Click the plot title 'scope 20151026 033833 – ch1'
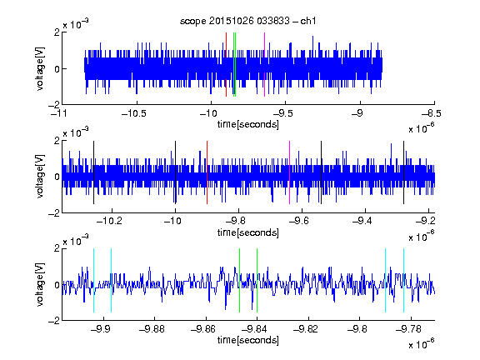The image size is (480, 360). pyautogui.click(x=247, y=21)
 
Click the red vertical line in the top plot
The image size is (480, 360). pyautogui.click(x=226, y=65)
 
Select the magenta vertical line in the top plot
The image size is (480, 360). pyautogui.click(x=264, y=65)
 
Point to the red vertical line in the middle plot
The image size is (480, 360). pyautogui.click(x=207, y=172)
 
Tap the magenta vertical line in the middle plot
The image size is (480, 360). pyautogui.click(x=290, y=172)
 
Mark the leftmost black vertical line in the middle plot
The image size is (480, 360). pyautogui.click(x=93, y=172)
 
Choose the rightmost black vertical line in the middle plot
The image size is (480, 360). pyautogui.click(x=404, y=172)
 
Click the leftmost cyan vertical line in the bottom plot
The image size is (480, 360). pyautogui.click(x=93, y=280)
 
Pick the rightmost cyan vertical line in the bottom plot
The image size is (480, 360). pyautogui.click(x=404, y=280)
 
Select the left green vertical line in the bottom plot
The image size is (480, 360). pyautogui.click(x=240, y=280)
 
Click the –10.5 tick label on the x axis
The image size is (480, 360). pyautogui.click(x=134, y=114)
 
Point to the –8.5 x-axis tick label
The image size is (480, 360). pyautogui.click(x=432, y=114)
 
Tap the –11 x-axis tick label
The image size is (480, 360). pyautogui.click(x=59, y=114)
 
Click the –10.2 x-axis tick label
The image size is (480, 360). pyautogui.click(x=109, y=221)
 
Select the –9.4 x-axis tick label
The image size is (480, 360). pyautogui.click(x=362, y=221)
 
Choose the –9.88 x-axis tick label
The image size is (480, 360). pyautogui.click(x=152, y=329)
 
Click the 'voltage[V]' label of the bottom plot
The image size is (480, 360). pyautogui.click(x=40, y=284)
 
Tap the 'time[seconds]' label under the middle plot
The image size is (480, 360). pyautogui.click(x=248, y=232)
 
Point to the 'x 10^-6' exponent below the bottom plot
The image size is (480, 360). pyautogui.click(x=421, y=344)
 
